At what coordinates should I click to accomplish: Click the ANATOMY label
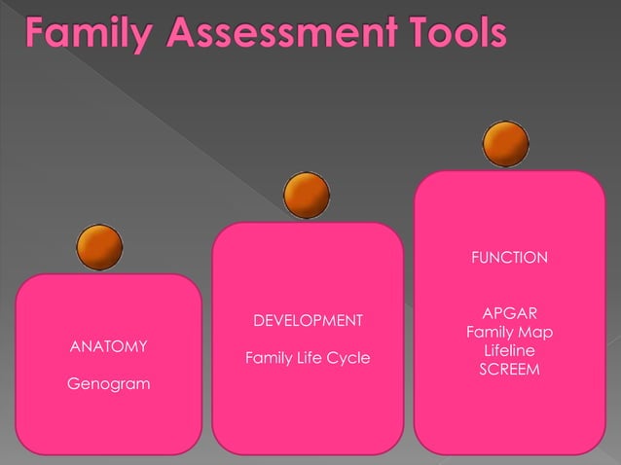pos(108,346)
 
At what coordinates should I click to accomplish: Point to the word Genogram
pos(108,384)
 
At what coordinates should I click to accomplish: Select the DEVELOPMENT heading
pos(308,321)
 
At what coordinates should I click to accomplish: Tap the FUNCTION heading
pos(509,258)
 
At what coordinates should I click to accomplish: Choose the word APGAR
pos(510,314)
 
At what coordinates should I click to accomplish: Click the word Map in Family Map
pos(536,333)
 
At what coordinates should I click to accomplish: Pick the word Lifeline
pos(510,351)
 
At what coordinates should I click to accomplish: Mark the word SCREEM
pos(510,370)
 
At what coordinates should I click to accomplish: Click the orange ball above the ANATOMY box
pos(99,246)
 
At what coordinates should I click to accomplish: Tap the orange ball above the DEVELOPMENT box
pos(307,196)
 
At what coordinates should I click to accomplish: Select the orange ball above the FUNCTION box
pos(506,144)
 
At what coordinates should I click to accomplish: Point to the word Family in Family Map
pos(490,333)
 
